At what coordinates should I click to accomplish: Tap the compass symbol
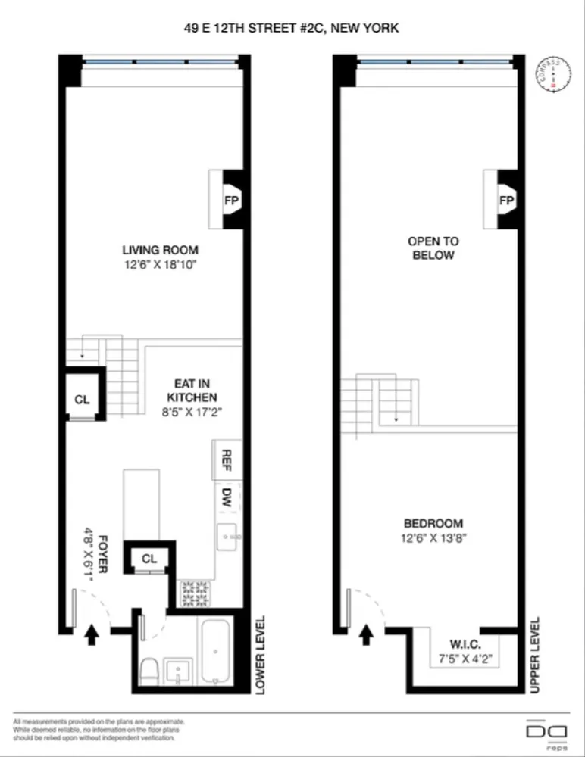[x=554, y=74]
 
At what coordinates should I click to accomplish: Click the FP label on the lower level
[x=231, y=201]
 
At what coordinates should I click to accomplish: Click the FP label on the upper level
[x=506, y=201]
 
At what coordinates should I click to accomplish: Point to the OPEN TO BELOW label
[x=433, y=248]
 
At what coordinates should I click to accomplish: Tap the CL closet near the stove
[x=149, y=559]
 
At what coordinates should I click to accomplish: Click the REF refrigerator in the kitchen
[x=226, y=459]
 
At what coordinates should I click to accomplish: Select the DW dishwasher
[x=226, y=497]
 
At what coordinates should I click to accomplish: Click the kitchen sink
[x=227, y=536]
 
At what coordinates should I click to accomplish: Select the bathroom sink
[x=180, y=670]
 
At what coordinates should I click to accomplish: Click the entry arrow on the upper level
[x=366, y=634]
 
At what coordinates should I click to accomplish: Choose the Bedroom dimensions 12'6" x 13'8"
[x=433, y=538]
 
